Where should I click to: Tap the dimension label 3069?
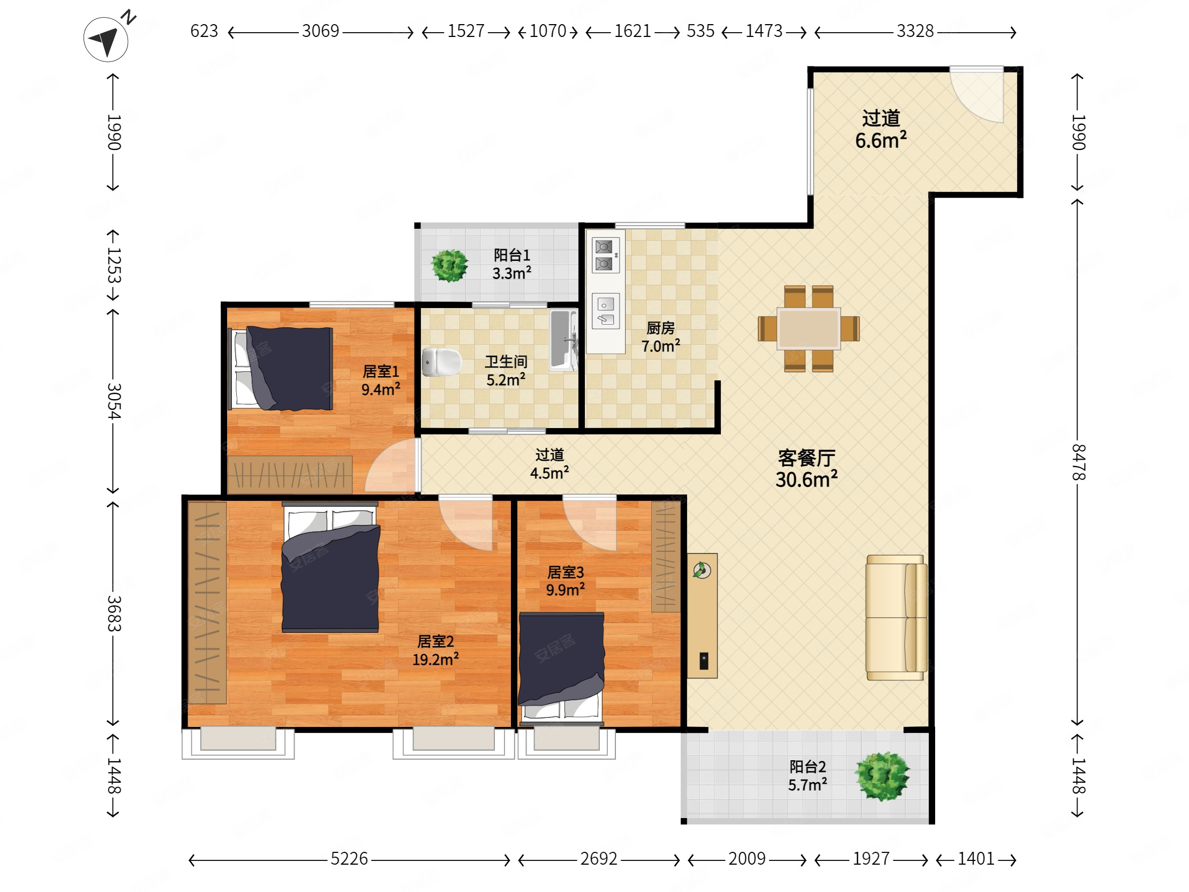pyautogui.click(x=320, y=31)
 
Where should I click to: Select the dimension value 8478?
pyautogui.click(x=1078, y=462)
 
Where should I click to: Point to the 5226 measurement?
pyautogui.click(x=349, y=859)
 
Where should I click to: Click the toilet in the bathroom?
pyautogui.click(x=442, y=362)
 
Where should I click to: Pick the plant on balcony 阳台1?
pyautogui.click(x=450, y=266)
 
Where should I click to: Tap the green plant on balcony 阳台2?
pyautogui.click(x=882, y=776)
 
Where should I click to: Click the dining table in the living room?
pyautogui.click(x=808, y=328)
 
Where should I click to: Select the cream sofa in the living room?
pyautogui.click(x=896, y=617)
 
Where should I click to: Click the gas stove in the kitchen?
pyautogui.click(x=604, y=256)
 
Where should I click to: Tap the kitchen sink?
pyautogui.click(x=605, y=311)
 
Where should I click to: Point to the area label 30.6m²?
pyautogui.click(x=806, y=479)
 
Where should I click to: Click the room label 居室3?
pyautogui.click(x=566, y=572)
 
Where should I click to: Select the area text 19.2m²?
pyautogui.click(x=435, y=659)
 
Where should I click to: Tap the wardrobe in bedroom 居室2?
pyautogui.click(x=207, y=603)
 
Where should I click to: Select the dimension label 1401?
pyautogui.click(x=976, y=859)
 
